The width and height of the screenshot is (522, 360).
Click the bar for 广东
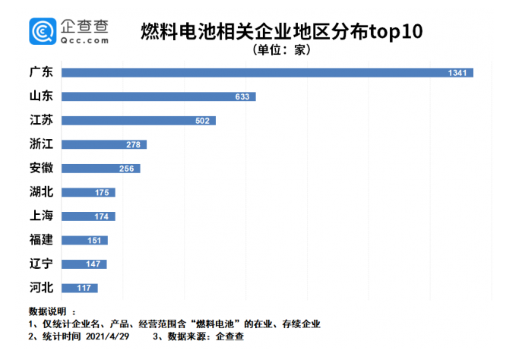click(x=266, y=73)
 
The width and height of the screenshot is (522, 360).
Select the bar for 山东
click(x=158, y=96)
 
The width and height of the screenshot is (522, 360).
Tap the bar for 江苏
click(x=138, y=121)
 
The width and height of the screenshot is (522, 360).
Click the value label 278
click(x=135, y=144)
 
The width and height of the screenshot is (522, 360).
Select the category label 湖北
click(x=41, y=192)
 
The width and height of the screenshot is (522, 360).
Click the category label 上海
click(x=41, y=216)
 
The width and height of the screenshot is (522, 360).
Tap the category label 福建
click(x=41, y=240)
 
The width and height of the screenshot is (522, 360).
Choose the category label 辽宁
click(x=41, y=264)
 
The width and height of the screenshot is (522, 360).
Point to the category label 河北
click(x=41, y=288)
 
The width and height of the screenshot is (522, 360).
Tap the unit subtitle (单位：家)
click(x=281, y=50)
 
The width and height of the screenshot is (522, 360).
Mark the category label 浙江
click(x=41, y=144)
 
